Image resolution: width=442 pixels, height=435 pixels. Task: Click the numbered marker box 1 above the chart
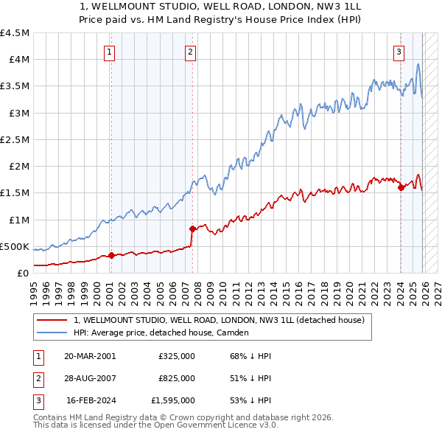click(x=109, y=52)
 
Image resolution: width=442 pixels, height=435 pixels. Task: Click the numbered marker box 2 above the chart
click(x=190, y=52)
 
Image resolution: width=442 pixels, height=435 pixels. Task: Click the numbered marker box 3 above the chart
click(x=399, y=52)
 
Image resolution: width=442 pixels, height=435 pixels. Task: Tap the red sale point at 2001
click(x=111, y=256)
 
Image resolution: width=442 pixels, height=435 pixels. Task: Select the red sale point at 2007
click(x=192, y=229)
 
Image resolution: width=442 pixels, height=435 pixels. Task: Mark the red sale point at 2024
click(x=401, y=187)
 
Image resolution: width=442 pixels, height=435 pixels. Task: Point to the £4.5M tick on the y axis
click(x=15, y=33)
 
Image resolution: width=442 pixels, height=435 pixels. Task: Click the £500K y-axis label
click(x=15, y=246)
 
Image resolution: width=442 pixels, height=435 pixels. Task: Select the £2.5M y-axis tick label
click(x=15, y=139)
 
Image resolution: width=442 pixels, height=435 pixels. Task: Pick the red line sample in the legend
click(x=52, y=321)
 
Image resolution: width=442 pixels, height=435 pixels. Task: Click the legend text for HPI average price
click(x=161, y=333)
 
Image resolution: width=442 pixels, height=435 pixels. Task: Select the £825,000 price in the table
click(x=176, y=378)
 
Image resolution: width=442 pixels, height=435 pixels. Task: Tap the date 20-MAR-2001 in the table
click(x=90, y=356)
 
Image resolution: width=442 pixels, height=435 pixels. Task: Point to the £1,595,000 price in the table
click(x=172, y=400)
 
